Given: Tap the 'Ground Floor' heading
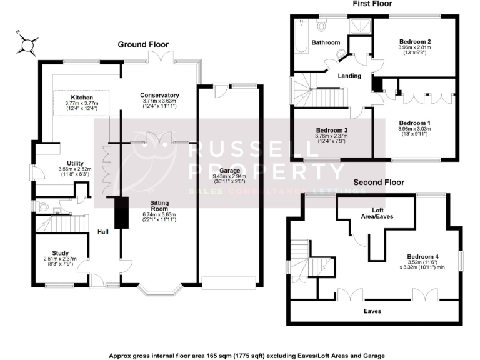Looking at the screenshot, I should coord(144,44).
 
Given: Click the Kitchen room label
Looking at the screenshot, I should coord(82,98).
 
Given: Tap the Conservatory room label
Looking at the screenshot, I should coord(159,95).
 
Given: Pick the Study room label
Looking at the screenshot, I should coord(60,252).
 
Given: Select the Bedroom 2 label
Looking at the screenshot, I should coord(415,42).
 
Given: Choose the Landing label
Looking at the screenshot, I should coord(349,76).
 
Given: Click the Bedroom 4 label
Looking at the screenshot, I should coord(422,256).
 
